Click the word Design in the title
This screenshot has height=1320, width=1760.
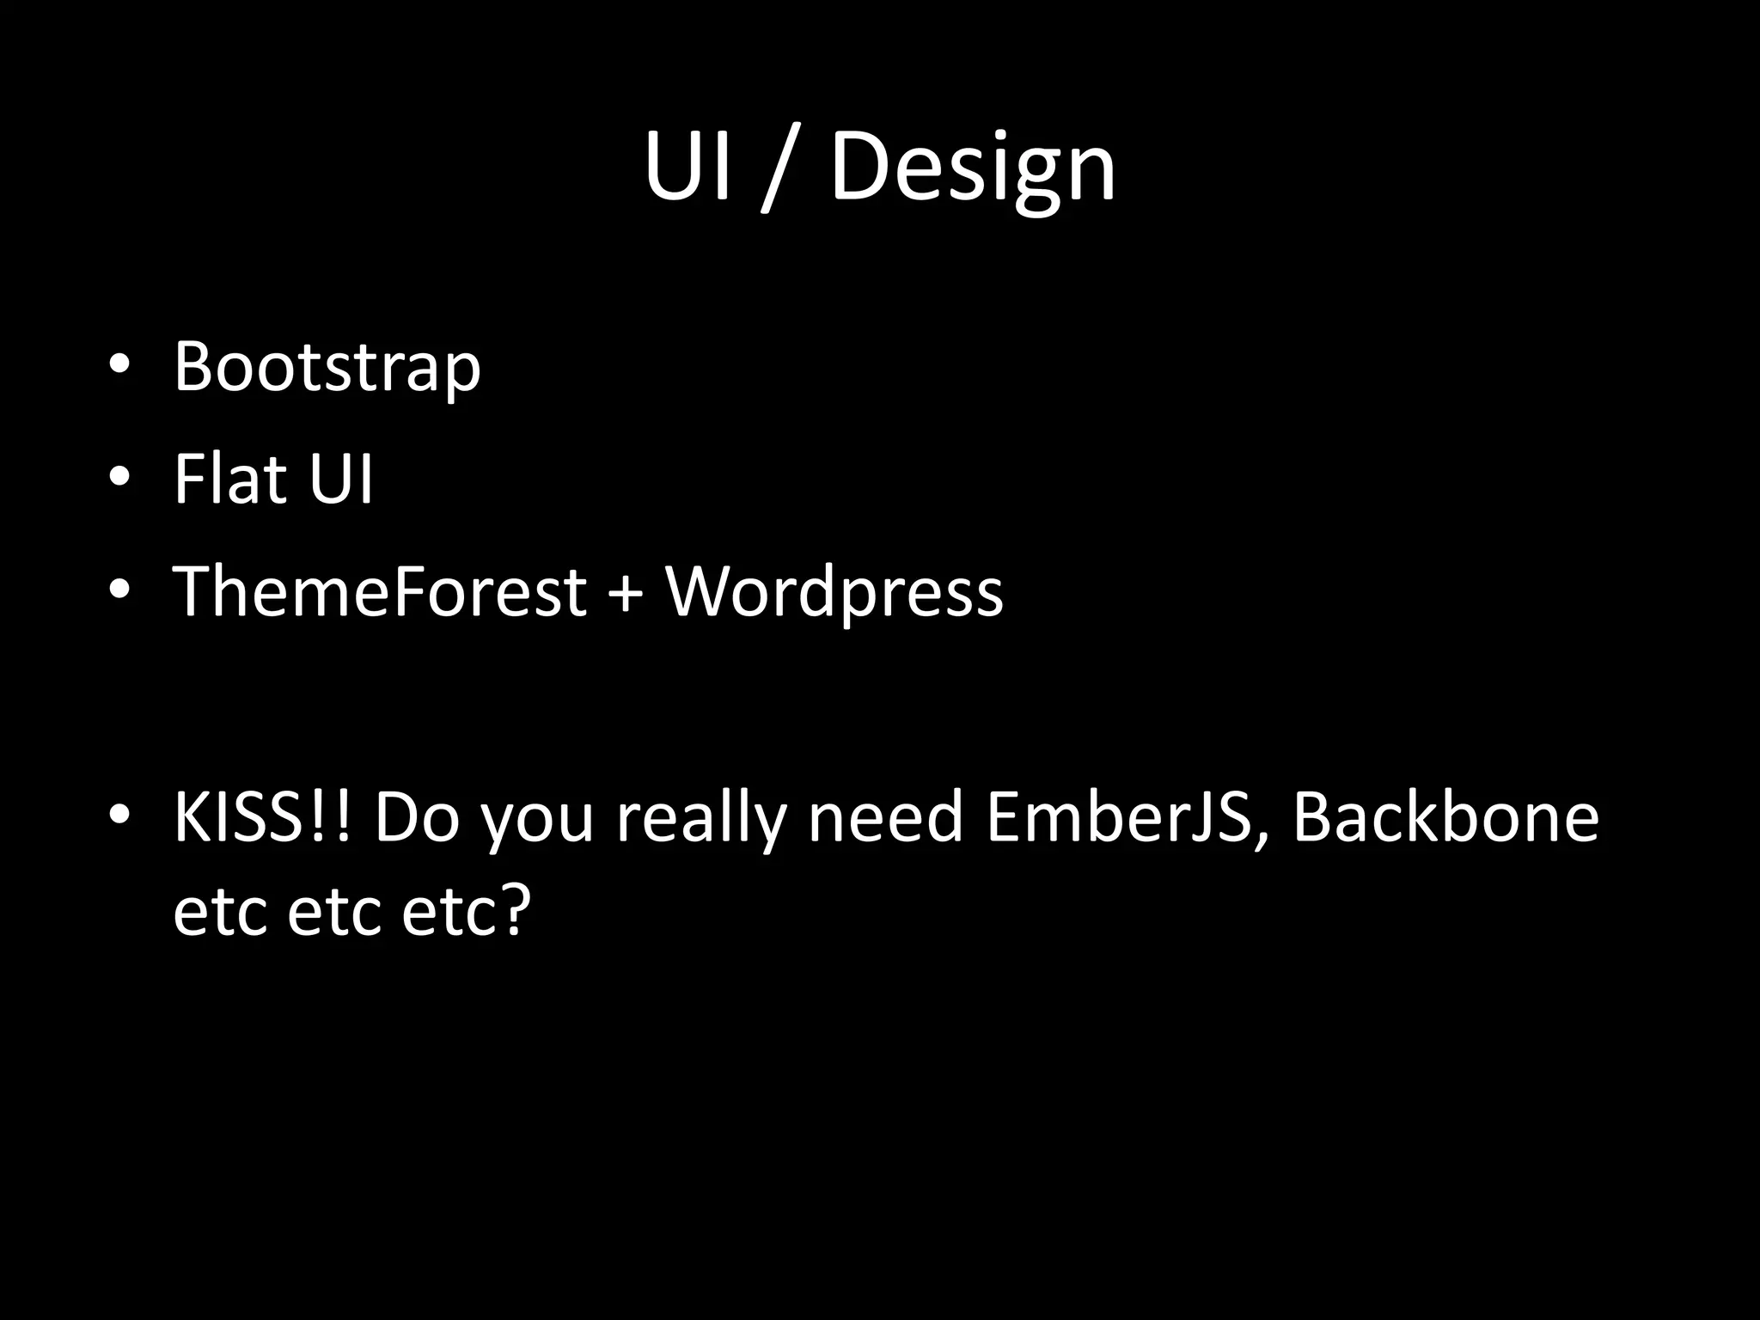point(972,168)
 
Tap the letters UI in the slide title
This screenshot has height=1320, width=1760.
point(688,168)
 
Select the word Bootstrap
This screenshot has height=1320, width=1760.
point(327,368)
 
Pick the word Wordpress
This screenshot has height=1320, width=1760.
point(834,593)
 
